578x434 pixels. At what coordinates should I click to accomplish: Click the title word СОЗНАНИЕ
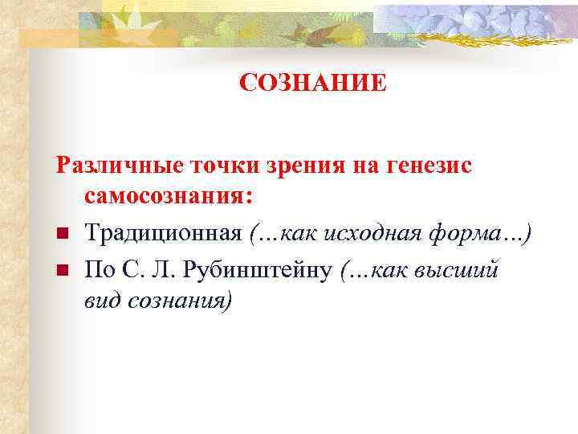click(x=313, y=83)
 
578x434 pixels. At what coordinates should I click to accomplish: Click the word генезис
click(x=429, y=166)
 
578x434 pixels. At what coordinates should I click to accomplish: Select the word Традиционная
click(x=164, y=234)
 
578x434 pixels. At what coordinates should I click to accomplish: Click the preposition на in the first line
click(x=359, y=166)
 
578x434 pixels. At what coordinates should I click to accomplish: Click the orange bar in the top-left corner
click(x=48, y=36)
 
